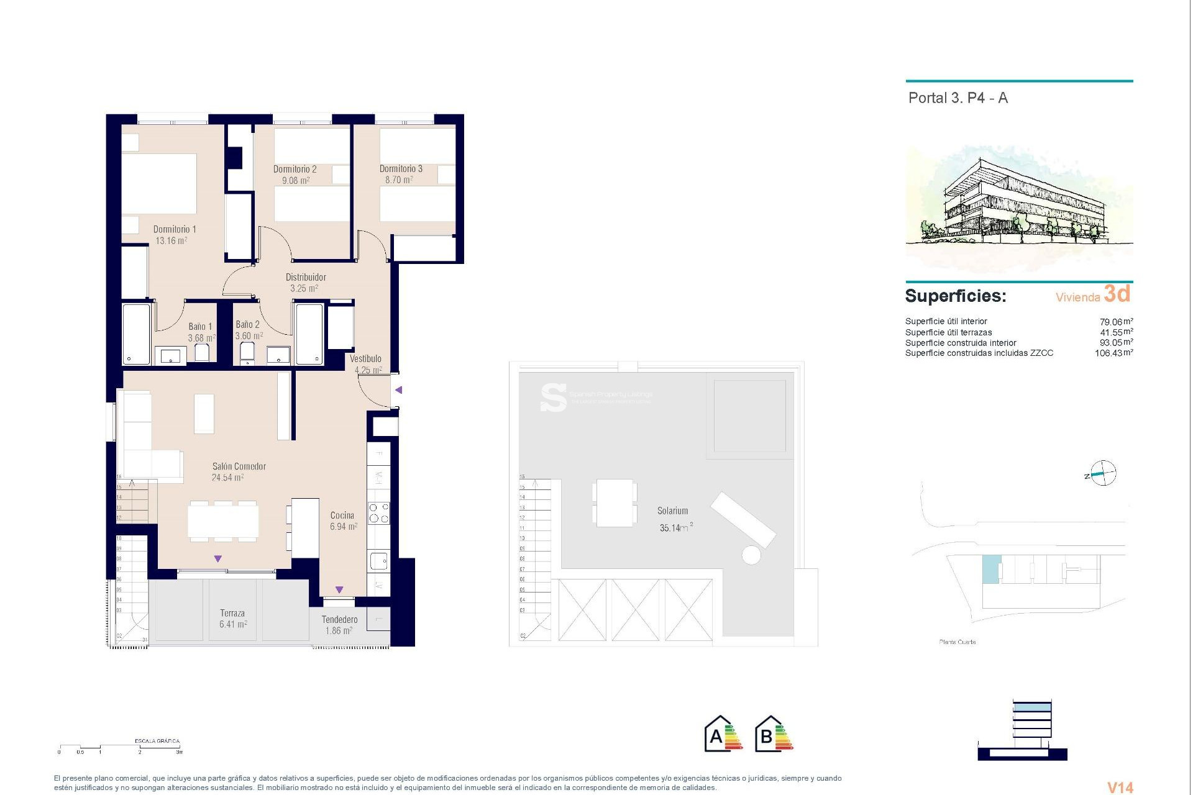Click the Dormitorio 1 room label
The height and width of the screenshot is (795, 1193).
[175, 229]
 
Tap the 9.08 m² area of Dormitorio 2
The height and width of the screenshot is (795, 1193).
[296, 181]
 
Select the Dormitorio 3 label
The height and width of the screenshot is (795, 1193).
[401, 169]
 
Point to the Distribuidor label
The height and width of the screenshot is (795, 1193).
[305, 277]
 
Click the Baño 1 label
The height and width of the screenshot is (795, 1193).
[200, 327]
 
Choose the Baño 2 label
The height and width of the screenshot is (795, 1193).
[247, 324]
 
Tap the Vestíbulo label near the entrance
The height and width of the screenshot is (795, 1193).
[365, 358]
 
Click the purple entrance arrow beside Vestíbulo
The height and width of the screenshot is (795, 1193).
[399, 390]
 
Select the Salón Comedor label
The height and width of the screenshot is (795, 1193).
[239, 466]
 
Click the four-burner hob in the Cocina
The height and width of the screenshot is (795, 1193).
[379, 513]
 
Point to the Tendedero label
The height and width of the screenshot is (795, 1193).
[339, 619]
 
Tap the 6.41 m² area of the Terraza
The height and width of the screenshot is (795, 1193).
[233, 624]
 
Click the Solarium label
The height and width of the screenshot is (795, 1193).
[672, 511]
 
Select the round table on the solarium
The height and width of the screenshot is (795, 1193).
[751, 555]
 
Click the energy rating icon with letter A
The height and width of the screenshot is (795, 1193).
[723, 734]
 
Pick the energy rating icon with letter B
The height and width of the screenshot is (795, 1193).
[774, 734]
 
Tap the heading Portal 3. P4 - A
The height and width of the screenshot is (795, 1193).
[958, 98]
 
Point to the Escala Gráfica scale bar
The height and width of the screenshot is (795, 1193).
[120, 747]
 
